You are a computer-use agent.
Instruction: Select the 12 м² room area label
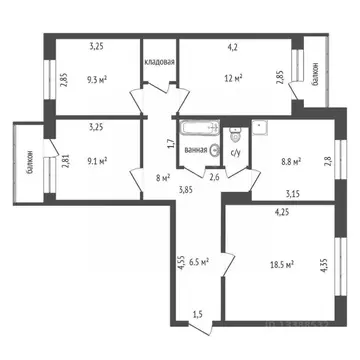click(233, 78)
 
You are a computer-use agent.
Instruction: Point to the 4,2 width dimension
click(232, 45)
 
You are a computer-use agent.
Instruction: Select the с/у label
click(234, 153)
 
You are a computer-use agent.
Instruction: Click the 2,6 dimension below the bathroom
click(214, 178)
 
